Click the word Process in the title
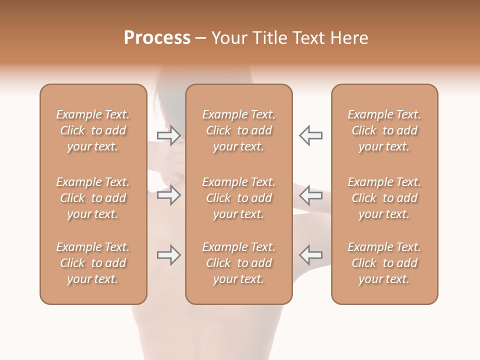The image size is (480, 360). pos(157,38)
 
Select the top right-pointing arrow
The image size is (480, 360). pos(168,135)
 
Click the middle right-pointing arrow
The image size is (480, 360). pos(168,195)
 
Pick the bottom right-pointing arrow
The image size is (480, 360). pos(168,255)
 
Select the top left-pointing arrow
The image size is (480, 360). pos(310,135)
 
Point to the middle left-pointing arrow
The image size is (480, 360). pos(310,195)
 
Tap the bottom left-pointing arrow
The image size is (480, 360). pos(310,255)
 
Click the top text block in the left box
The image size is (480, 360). pos(93,130)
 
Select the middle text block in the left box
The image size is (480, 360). pos(93,198)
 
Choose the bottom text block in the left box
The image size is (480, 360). pos(93,263)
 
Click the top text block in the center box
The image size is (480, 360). pos(238,130)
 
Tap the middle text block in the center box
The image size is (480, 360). pos(238,198)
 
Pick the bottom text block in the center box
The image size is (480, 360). pos(238,263)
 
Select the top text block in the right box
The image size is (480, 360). pos(384,130)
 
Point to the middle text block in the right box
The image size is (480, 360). pos(384,198)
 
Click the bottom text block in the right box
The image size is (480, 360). pos(384,263)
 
